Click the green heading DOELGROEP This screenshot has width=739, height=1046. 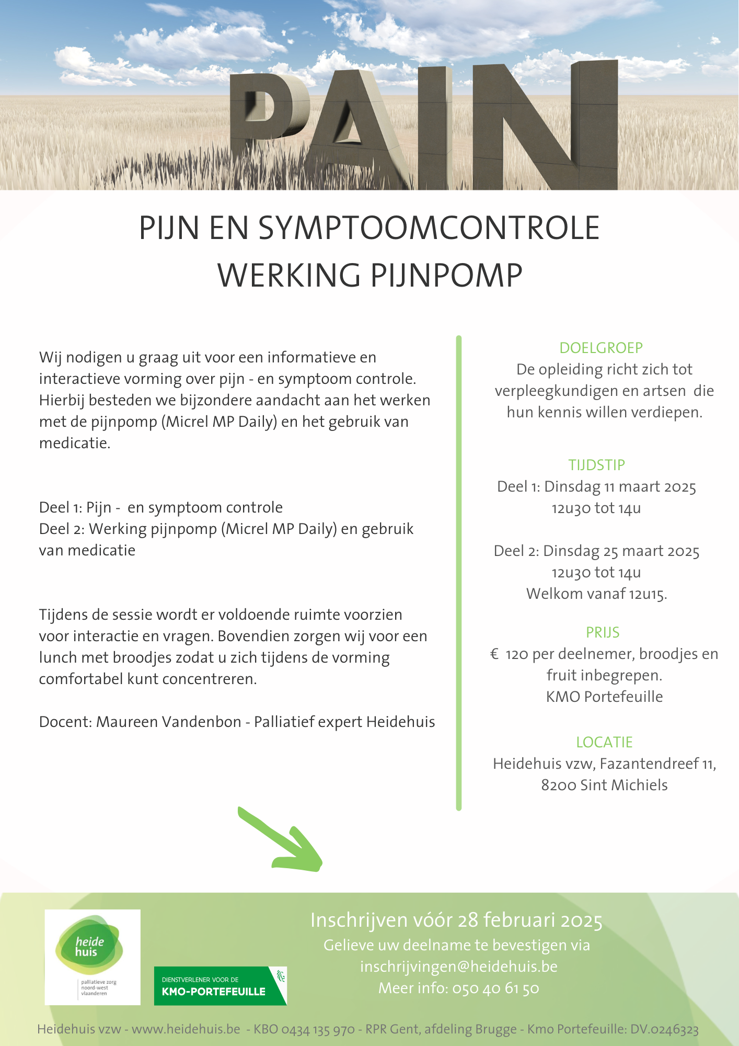point(601,348)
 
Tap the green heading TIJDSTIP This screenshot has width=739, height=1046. point(596,465)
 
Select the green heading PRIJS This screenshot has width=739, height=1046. point(603,632)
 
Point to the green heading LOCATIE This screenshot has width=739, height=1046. point(604,742)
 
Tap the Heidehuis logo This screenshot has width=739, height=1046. point(93,957)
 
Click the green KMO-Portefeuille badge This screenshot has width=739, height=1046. point(220,986)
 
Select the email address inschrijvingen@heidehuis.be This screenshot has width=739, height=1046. point(458,967)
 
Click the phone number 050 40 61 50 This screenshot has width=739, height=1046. point(495,988)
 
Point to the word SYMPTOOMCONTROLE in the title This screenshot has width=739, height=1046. point(429,228)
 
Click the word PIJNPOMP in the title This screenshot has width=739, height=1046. point(447,276)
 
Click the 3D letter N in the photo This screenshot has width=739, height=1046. point(544,126)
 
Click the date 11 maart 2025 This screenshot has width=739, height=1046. point(650,487)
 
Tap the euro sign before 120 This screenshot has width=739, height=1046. point(494,654)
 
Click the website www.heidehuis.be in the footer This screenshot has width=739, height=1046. point(186,1029)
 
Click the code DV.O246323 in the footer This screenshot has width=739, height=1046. point(664,1029)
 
